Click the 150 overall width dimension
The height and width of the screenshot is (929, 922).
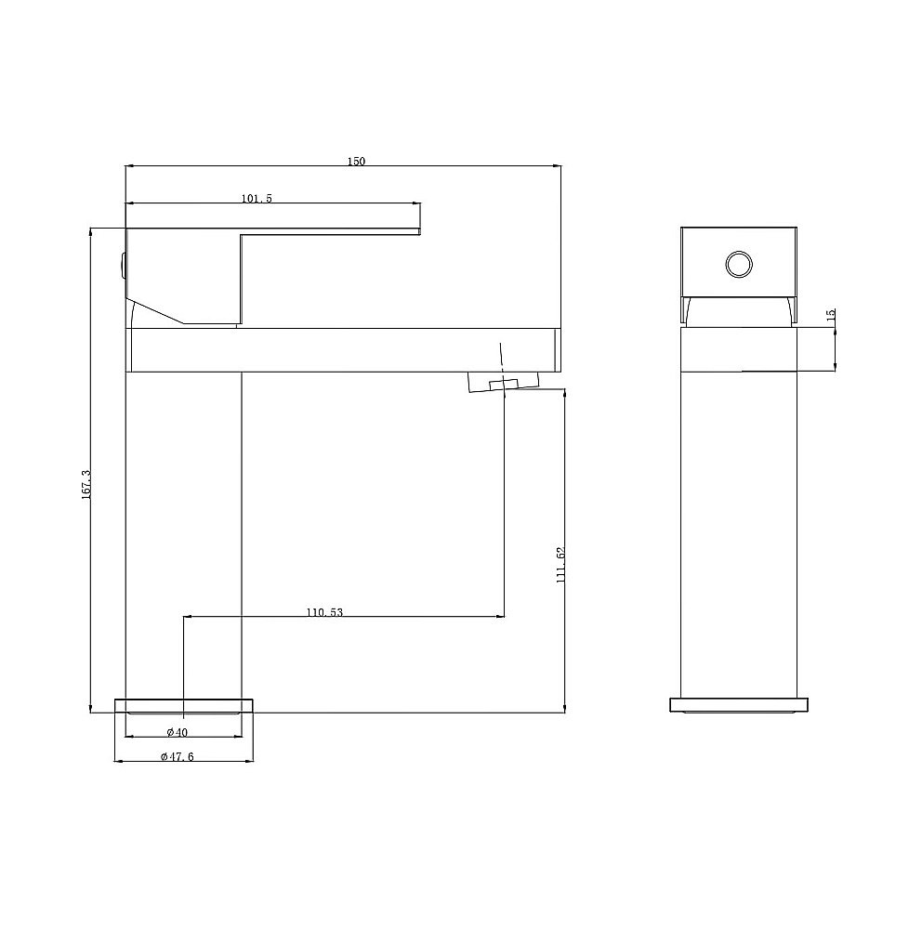click(356, 161)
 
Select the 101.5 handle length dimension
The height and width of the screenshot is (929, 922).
click(257, 199)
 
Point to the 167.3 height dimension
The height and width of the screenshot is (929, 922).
click(86, 484)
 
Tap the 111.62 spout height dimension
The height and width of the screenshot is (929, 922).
click(560, 565)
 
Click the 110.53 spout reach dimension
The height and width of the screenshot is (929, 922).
click(325, 612)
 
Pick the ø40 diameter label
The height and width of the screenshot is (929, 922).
click(178, 732)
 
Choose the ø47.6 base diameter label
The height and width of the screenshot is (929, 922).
click(178, 756)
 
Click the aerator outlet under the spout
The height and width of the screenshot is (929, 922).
click(504, 381)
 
